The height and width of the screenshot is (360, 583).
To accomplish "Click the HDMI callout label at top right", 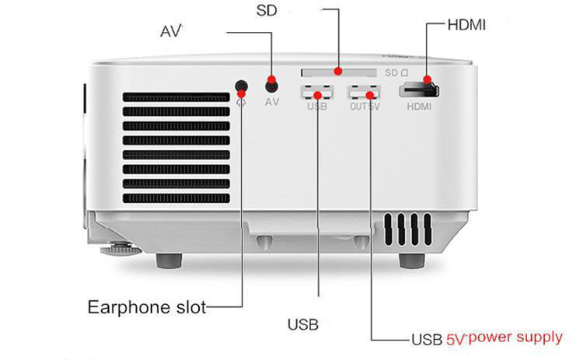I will (x=466, y=24).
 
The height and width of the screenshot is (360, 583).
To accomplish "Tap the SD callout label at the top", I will (x=267, y=12).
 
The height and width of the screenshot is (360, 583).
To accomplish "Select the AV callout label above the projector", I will (x=170, y=32).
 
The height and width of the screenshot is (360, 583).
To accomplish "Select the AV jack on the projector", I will (x=271, y=85).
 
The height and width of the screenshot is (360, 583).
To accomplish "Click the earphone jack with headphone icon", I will (x=242, y=86).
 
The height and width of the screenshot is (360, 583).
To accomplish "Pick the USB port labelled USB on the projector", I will (x=317, y=91).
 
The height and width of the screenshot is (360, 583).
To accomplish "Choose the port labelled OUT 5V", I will (x=363, y=91).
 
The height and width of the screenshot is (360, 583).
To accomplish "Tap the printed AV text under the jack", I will (x=272, y=102).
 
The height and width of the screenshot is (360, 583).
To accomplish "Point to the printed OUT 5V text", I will (x=364, y=106).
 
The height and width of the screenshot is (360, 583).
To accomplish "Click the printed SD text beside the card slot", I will (x=395, y=72).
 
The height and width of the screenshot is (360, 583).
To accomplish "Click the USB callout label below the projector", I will (x=303, y=323).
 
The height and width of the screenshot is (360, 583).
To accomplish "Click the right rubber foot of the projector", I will (x=414, y=260).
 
